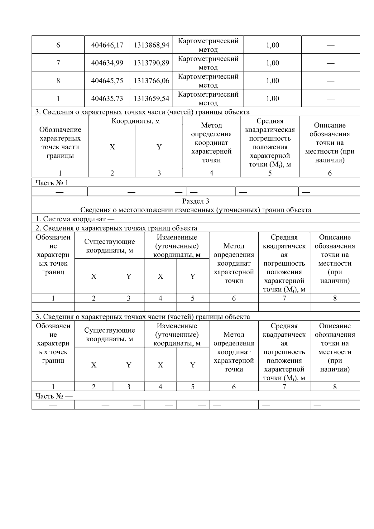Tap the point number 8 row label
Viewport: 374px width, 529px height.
(x=58, y=81)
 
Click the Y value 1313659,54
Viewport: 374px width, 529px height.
(x=151, y=99)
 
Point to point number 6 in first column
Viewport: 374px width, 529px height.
(x=58, y=45)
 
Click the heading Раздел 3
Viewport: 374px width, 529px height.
(x=195, y=201)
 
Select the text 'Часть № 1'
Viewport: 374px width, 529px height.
(x=52, y=183)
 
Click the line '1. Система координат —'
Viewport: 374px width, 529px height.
(x=74, y=219)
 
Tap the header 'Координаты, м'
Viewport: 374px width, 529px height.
(x=136, y=121)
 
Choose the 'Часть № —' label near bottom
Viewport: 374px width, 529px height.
(x=54, y=396)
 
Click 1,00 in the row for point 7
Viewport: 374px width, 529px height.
(x=272, y=63)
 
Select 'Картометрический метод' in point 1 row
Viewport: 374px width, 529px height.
(x=208, y=99)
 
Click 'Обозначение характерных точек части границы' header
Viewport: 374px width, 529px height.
(x=60, y=142)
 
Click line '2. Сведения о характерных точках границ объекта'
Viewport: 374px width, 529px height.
(x=116, y=228)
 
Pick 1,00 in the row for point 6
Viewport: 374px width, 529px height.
(x=272, y=45)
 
